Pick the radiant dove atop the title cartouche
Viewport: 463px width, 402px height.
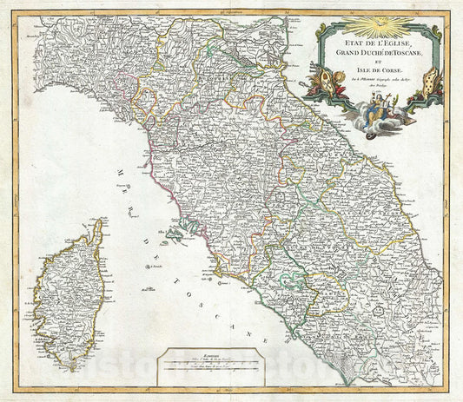tap(380, 22)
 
